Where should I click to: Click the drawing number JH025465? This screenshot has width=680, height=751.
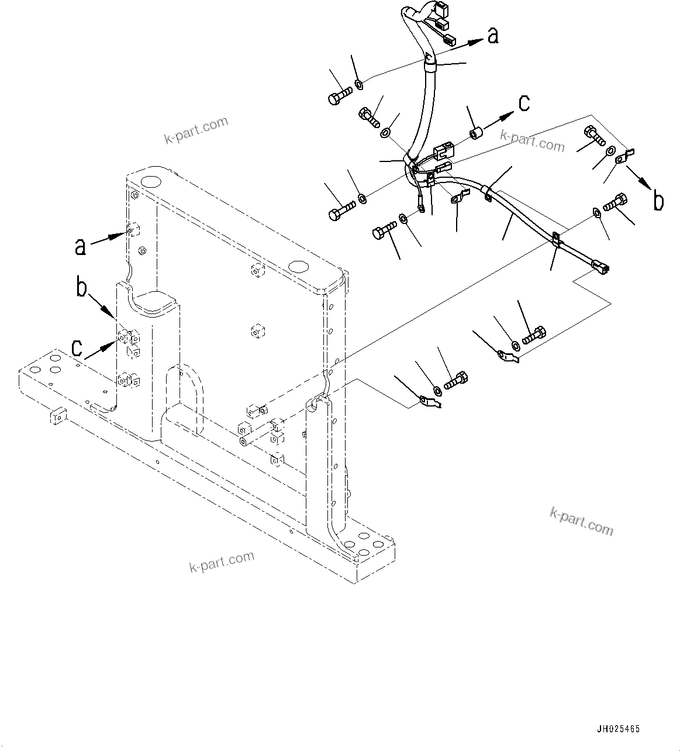(618, 729)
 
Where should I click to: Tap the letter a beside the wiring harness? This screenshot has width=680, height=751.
(493, 36)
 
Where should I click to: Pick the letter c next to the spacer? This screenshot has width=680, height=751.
(524, 104)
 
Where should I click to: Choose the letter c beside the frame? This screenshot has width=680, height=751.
(77, 349)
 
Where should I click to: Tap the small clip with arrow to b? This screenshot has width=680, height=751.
(625, 155)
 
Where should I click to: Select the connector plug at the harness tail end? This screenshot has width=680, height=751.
(602, 268)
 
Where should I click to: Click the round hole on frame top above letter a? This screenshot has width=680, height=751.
(149, 181)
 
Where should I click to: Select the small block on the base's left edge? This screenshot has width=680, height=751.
(58, 416)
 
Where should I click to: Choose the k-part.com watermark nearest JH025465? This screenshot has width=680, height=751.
(581, 521)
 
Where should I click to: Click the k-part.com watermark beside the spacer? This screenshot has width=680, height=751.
(533, 140)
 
